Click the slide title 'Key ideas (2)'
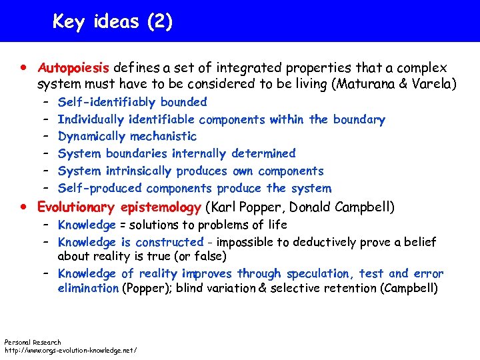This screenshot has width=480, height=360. [x=113, y=21]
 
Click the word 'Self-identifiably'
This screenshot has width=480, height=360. [x=107, y=103]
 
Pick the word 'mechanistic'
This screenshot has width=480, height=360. [x=163, y=137]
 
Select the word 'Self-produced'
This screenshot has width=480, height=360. [x=100, y=189]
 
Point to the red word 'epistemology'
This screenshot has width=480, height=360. [x=161, y=207]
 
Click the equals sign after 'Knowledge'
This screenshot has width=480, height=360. [x=122, y=225]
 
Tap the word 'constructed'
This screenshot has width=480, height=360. [x=169, y=242]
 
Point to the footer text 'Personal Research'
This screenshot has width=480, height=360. [x=33, y=342]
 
